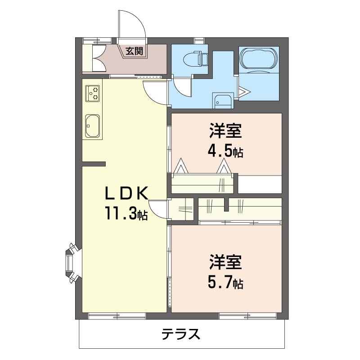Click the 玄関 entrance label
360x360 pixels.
tap(134, 51)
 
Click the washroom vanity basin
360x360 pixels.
tap(223, 102)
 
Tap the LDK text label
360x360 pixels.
tap(126, 193)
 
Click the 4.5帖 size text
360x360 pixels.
tap(225, 151)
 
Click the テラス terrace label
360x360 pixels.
tap(181, 334)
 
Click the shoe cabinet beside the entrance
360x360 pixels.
tap(94, 58)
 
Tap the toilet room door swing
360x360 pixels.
tap(182, 86)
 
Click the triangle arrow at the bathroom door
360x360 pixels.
tap(244, 92)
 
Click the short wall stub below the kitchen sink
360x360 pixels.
tap(94, 163)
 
